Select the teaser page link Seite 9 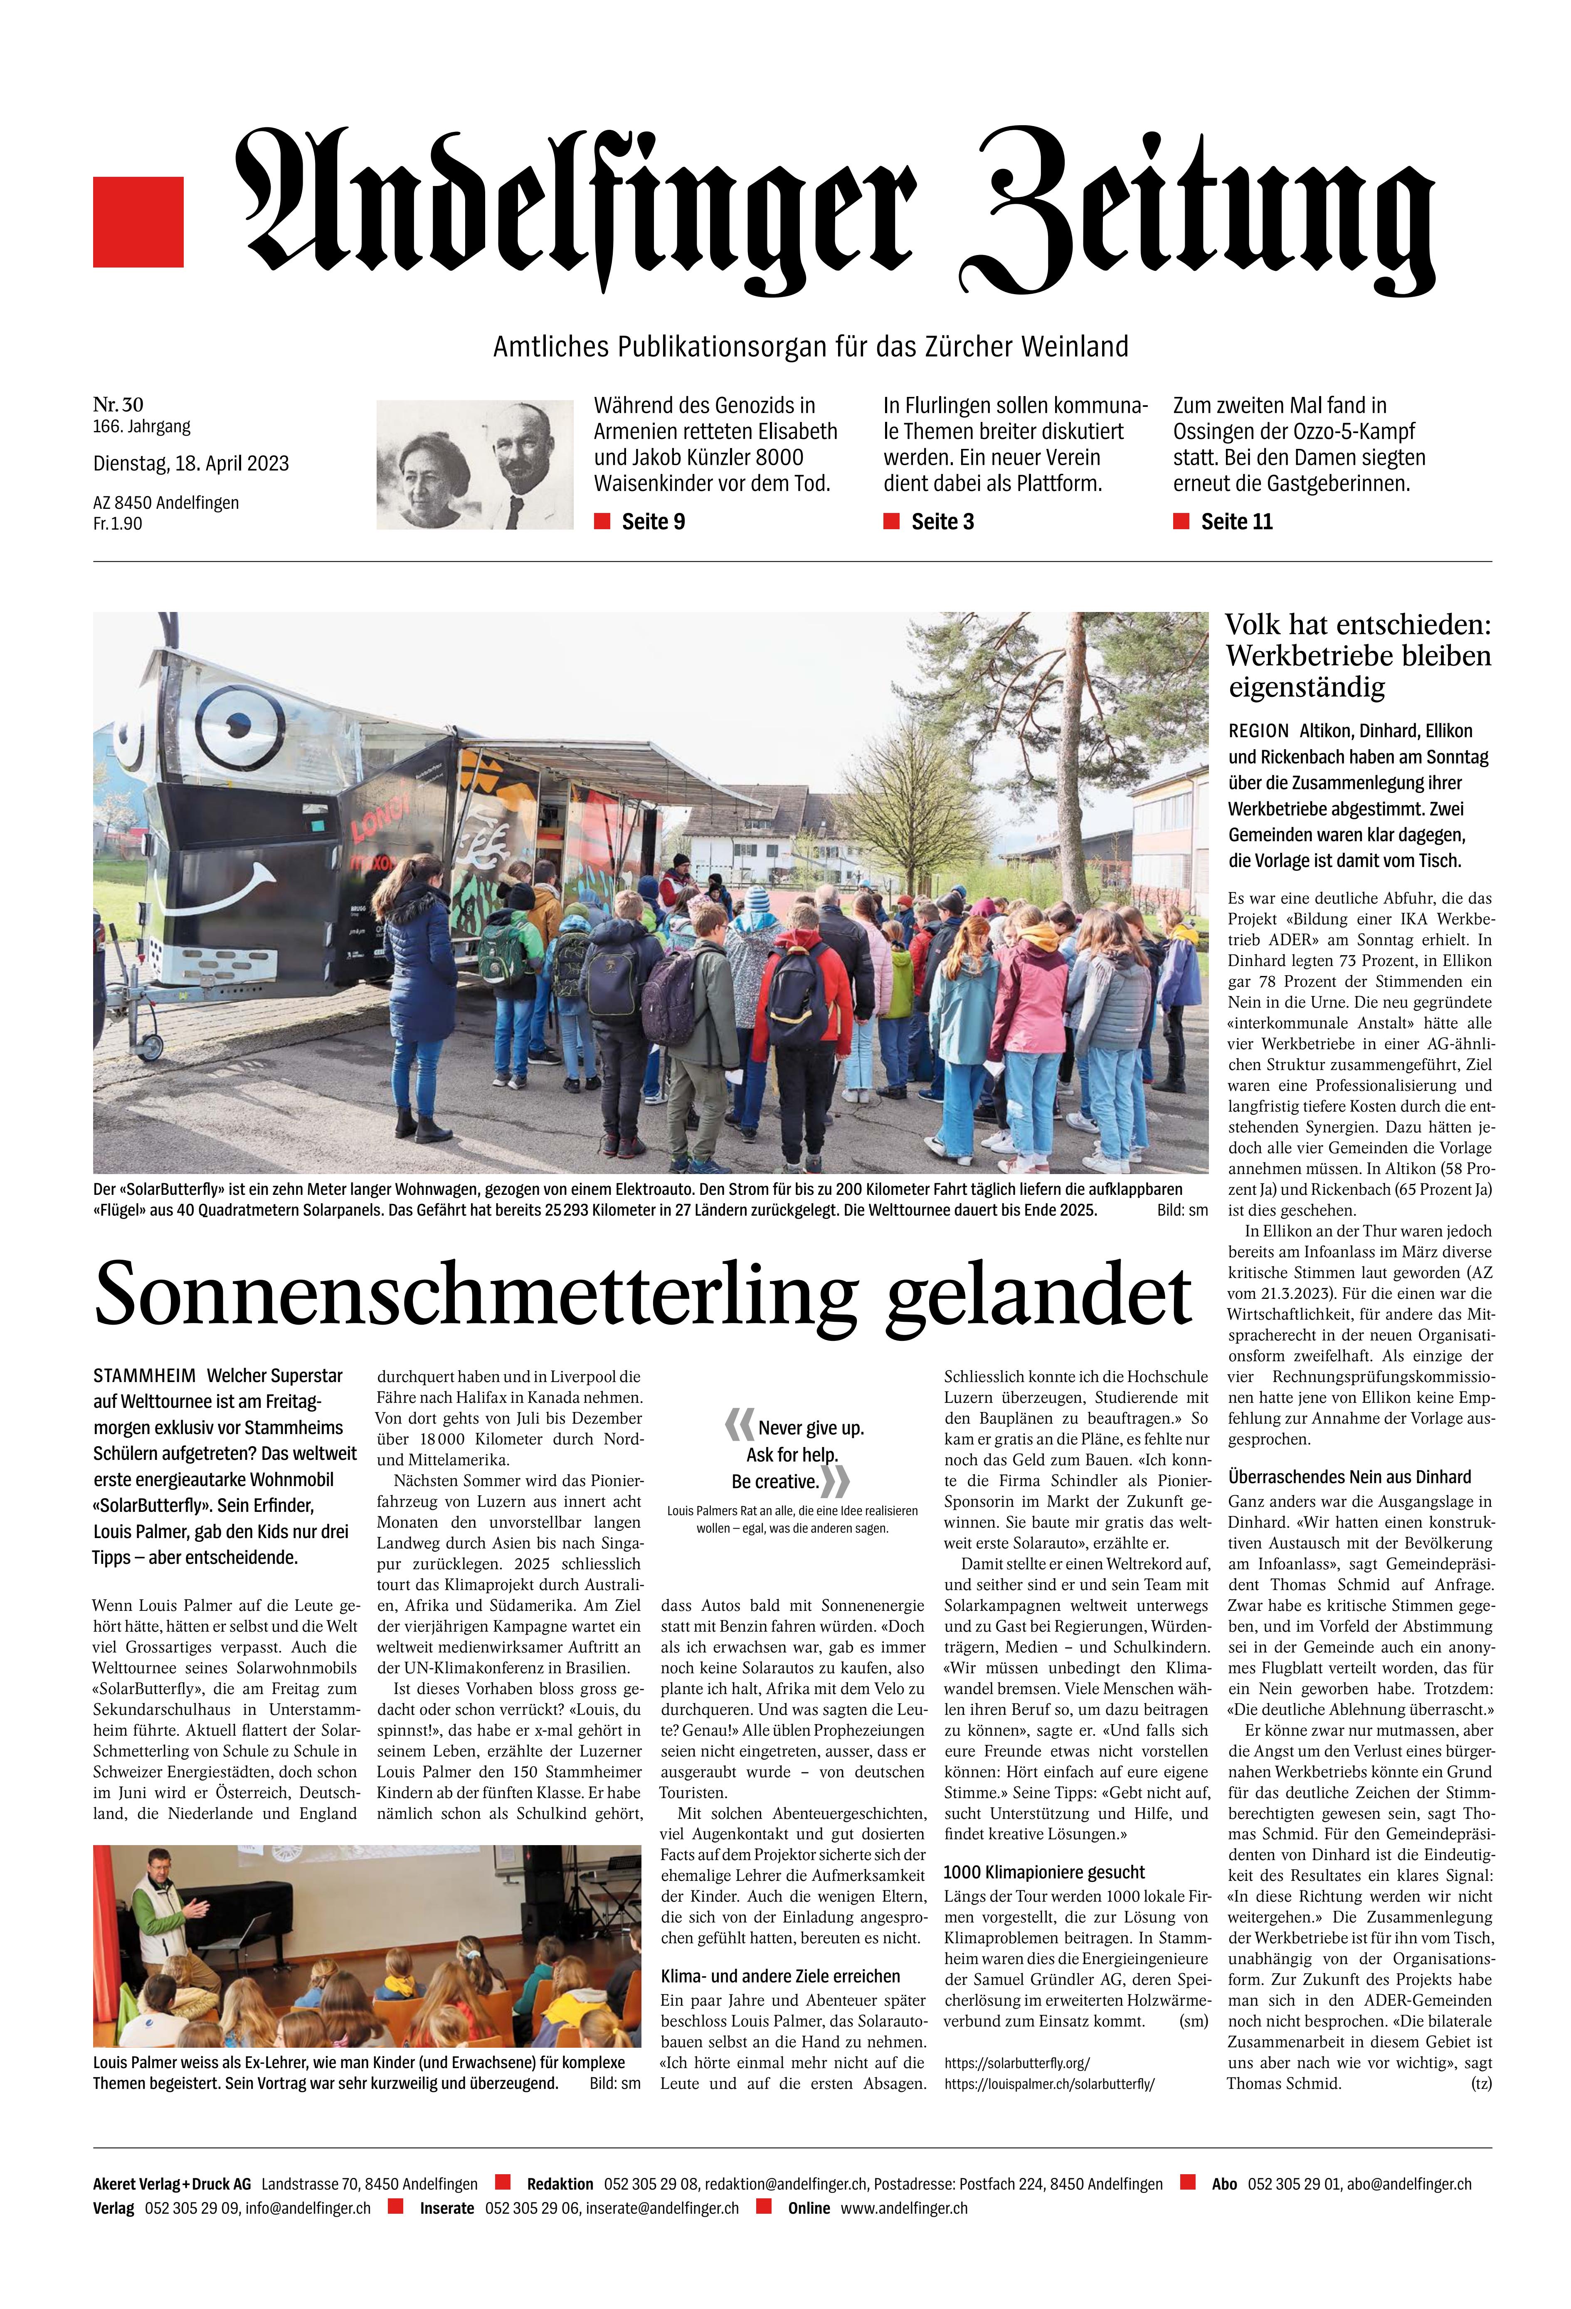pyautogui.click(x=652, y=522)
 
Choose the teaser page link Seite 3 pyautogui.click(x=942, y=522)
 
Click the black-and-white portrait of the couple pyautogui.click(x=475, y=464)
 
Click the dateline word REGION pyautogui.click(x=1258, y=730)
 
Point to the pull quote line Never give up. pyautogui.click(x=810, y=1428)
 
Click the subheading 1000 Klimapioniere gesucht pyautogui.click(x=1044, y=1872)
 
